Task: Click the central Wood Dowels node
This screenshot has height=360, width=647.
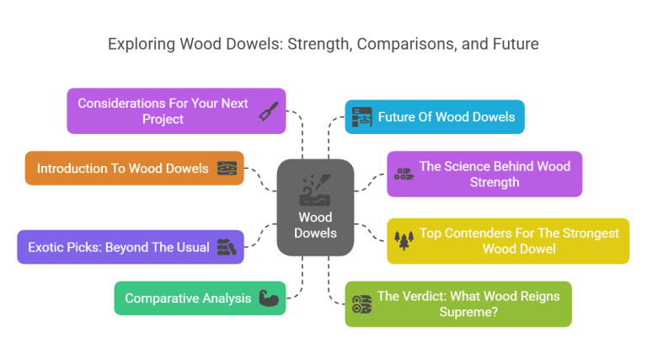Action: click(315, 207)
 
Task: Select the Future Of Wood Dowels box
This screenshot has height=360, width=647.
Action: click(435, 117)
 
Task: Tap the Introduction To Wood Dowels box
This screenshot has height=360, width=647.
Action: click(134, 168)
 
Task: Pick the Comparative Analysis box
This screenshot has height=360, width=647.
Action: click(200, 298)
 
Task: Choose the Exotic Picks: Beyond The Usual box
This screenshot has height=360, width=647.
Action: click(131, 247)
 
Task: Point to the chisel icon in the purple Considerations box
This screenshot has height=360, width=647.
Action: click(269, 110)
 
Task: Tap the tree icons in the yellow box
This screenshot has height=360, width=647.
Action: click(405, 240)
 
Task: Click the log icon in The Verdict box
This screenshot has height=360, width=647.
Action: click(361, 304)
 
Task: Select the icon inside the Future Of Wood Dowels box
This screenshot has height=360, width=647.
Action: click(361, 117)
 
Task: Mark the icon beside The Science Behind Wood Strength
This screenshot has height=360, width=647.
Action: click(403, 174)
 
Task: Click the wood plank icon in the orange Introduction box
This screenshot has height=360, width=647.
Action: click(227, 168)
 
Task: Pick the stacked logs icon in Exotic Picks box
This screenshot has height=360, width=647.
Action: click(226, 247)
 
